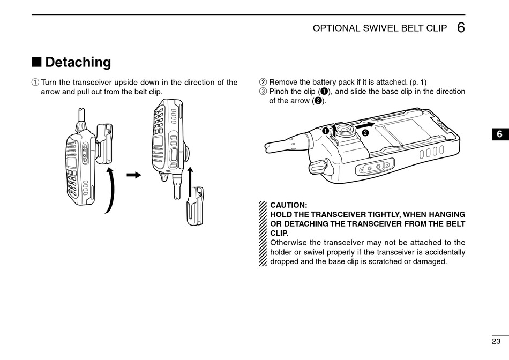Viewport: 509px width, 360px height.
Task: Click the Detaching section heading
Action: (x=78, y=63)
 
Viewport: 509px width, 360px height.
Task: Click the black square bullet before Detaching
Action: (x=36, y=62)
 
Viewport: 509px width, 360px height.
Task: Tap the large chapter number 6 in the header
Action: (x=461, y=28)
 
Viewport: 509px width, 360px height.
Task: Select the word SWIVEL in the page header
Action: (x=377, y=28)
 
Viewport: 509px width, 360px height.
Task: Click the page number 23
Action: (x=496, y=341)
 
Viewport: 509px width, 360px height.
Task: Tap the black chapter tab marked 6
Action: (x=499, y=134)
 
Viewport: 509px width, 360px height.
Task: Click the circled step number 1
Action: (x=35, y=82)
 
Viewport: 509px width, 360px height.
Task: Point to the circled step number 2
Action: (x=263, y=82)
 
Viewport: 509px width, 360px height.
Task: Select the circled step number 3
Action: (x=263, y=92)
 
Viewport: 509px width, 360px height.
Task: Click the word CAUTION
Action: (x=289, y=205)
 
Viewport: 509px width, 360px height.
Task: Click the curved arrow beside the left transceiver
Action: (x=110, y=189)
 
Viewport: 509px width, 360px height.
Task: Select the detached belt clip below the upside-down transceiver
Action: (x=196, y=206)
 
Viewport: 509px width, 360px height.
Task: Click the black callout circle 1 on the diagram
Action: (x=325, y=131)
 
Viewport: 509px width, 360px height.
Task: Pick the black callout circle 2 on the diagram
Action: (x=365, y=132)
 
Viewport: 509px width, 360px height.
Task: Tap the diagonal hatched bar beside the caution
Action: (x=263, y=234)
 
